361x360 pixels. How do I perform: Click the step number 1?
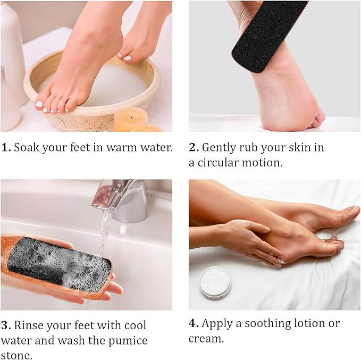click(x=5, y=148)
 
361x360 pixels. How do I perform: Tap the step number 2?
click(x=194, y=148)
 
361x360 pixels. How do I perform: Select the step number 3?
click(x=5, y=325)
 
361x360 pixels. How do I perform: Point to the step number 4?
click(x=194, y=323)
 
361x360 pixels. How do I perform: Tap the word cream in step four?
click(x=205, y=339)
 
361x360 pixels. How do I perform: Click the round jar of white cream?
click(x=215, y=282)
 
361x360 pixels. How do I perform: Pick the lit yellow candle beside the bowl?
click(x=131, y=118)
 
